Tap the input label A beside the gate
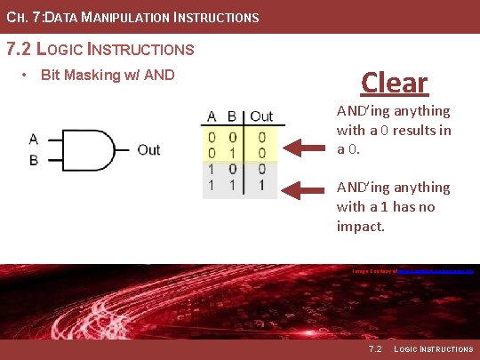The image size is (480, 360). point(33,139)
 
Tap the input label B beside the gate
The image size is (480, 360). point(33,160)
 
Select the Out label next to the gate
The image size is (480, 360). point(148,149)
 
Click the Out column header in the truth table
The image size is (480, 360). point(261,116)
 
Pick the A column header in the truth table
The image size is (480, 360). point(212,116)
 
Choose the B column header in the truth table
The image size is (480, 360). point(233,116)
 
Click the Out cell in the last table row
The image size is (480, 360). point(261,184)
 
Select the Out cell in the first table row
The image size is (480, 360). point(261,137)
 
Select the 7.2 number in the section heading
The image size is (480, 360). point(19,49)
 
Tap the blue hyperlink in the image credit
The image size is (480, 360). point(436,268)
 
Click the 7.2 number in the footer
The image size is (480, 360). point(374,349)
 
